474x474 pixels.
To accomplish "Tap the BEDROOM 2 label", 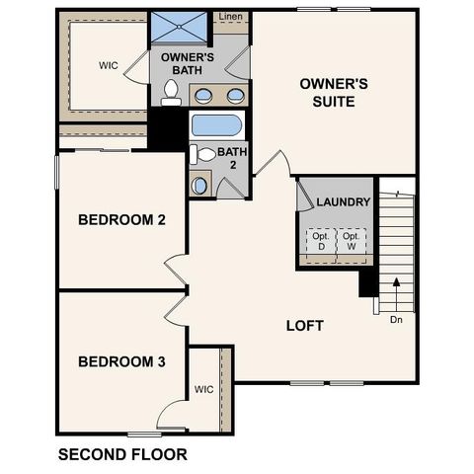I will [x=121, y=219].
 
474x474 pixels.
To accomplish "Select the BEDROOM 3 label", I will [x=121, y=361].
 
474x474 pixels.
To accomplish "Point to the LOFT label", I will [x=304, y=326].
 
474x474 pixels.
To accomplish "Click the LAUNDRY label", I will [x=343, y=202].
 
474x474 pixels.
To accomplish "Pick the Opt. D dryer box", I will [x=320, y=242].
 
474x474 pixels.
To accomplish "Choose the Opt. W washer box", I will [x=351, y=242].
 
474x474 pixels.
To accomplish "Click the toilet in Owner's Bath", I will [x=172, y=94].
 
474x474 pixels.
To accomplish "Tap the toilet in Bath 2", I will [x=204, y=155].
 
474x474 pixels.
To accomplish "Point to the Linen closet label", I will [x=230, y=18].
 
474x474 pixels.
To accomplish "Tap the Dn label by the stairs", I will [x=396, y=319].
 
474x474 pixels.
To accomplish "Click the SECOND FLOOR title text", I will [x=122, y=455].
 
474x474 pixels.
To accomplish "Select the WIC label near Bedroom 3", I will [x=204, y=389].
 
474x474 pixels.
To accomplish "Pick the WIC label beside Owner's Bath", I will [x=109, y=66].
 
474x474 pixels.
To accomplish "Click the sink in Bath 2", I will [x=199, y=185].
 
